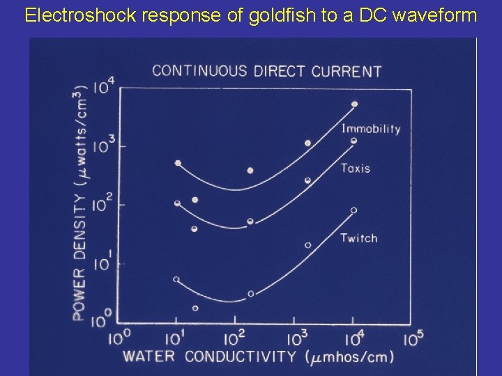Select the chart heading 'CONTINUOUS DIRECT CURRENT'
(x=266, y=70)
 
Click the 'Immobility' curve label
(x=371, y=129)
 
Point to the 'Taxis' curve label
(x=356, y=168)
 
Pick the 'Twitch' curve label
(x=359, y=238)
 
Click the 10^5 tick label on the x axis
(x=413, y=339)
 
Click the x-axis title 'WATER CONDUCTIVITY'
(x=210, y=357)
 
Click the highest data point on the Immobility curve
(x=354, y=104)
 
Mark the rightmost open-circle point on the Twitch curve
(x=353, y=210)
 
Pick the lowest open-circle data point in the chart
(x=195, y=308)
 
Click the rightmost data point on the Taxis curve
(x=353, y=141)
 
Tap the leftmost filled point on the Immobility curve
(x=178, y=163)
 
